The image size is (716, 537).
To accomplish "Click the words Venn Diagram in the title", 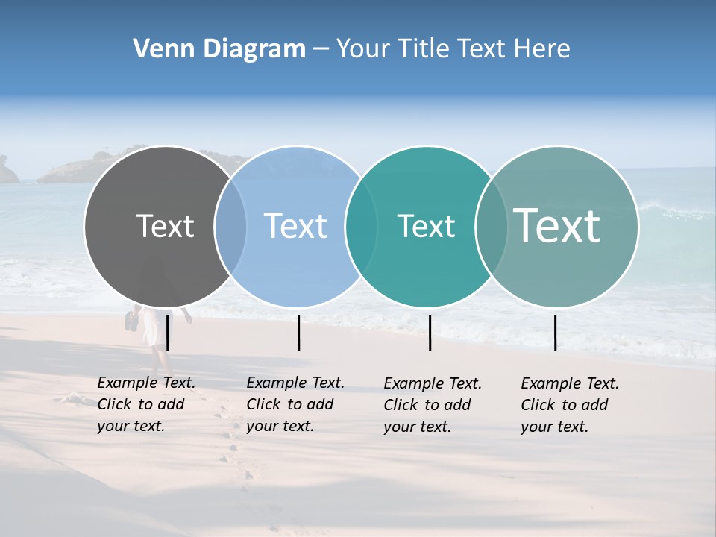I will pyautogui.click(x=219, y=49).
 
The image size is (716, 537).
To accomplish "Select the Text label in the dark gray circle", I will pyautogui.click(x=165, y=226).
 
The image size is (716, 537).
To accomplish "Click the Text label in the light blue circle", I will pyautogui.click(x=295, y=226).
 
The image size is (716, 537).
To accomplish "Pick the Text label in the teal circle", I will pyautogui.click(x=426, y=226).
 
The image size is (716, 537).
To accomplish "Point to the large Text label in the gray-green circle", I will pyautogui.click(x=557, y=225).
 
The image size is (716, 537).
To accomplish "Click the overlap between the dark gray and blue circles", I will pyautogui.click(x=230, y=227).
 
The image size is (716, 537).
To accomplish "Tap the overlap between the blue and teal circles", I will pyautogui.click(x=361, y=227).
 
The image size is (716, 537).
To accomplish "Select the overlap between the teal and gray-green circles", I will pyautogui.click(x=491, y=227).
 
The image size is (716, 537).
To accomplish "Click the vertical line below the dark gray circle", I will pyautogui.click(x=168, y=333).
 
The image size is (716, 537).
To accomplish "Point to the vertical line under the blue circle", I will pyautogui.click(x=298, y=333).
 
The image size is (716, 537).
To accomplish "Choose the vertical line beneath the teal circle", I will pyautogui.click(x=430, y=333).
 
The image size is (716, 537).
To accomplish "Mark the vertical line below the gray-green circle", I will pyautogui.click(x=555, y=333).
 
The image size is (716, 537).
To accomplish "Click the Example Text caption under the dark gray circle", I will pyautogui.click(x=146, y=404).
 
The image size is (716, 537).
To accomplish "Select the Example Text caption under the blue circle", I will pyautogui.click(x=295, y=404).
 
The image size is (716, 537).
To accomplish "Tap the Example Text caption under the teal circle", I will pyautogui.click(x=433, y=405).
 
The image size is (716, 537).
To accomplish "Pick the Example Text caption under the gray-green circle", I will pyautogui.click(x=570, y=405).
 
